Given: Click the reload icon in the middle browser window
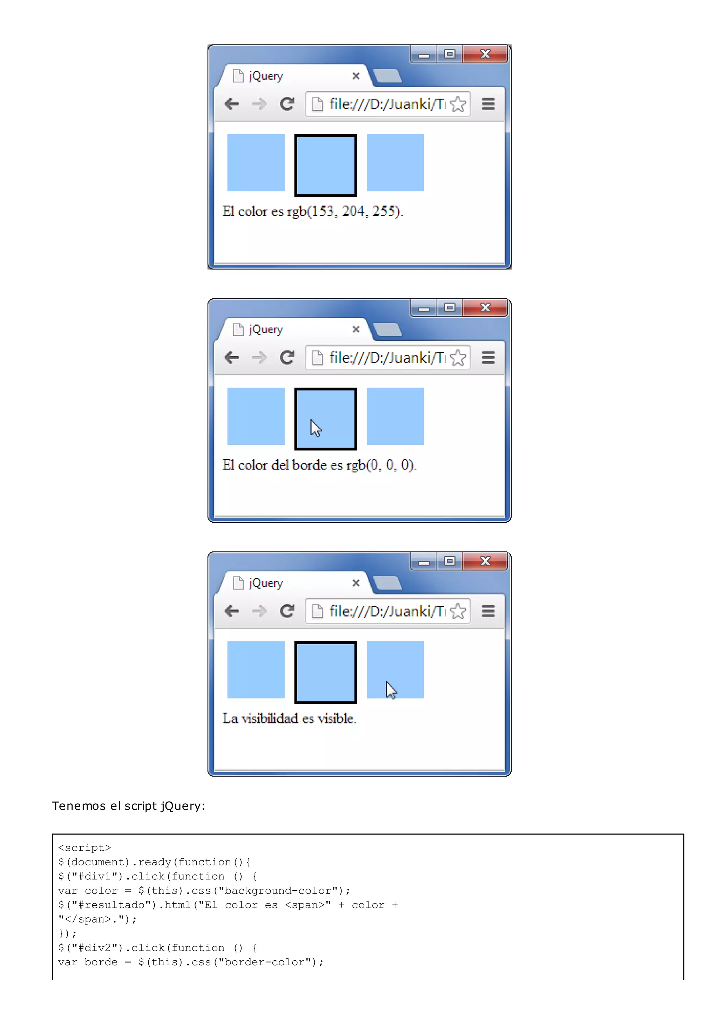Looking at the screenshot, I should pos(287,357).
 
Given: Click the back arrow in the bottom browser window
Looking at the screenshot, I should pos(232,611).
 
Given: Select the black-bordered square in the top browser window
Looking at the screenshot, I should pos(325,165).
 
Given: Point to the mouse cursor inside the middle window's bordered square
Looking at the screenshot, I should pos(315,428).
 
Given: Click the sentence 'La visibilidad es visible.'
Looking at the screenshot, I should pos(289,719).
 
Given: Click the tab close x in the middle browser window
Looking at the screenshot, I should pos(356,329).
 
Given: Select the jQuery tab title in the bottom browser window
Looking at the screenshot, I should pos(266,583).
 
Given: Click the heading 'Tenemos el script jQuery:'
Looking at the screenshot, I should pos(128,806).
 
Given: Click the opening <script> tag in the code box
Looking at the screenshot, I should pos(84,848).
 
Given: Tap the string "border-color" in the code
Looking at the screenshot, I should pos(265,962).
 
